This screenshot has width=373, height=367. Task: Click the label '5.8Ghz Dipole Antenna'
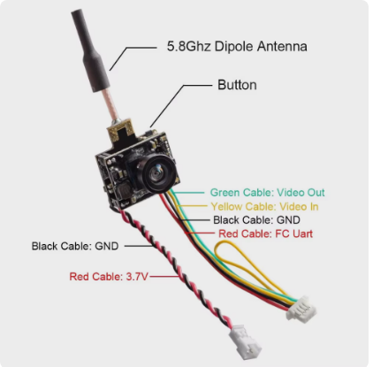[x=237, y=47]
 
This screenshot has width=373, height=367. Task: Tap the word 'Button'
[x=237, y=85]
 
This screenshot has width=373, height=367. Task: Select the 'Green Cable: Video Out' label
[x=267, y=193]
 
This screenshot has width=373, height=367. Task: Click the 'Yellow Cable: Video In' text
[x=264, y=206]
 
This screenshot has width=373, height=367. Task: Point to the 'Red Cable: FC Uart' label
[x=265, y=233]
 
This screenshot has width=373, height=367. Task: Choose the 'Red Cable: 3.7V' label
[x=109, y=277]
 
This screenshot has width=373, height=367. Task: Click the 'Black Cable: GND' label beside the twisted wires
[x=75, y=246]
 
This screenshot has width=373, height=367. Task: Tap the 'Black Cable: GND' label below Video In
[x=256, y=220]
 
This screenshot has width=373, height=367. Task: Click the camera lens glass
[x=156, y=174]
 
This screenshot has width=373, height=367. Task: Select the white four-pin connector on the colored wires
[x=301, y=310]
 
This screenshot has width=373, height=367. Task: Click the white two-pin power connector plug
[x=245, y=342]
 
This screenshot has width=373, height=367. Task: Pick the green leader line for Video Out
[x=188, y=193]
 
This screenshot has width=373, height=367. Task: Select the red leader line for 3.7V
[x=164, y=277]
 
